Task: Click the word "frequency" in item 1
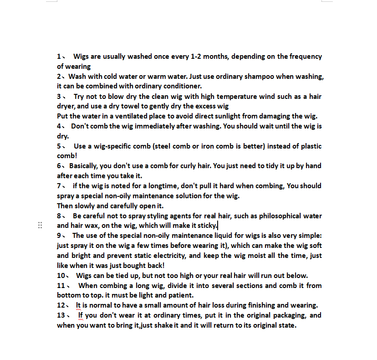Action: coord(306,57)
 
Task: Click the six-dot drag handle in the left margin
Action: coord(40,225)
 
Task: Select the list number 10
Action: coord(61,276)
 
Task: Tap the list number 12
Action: coord(61,305)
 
